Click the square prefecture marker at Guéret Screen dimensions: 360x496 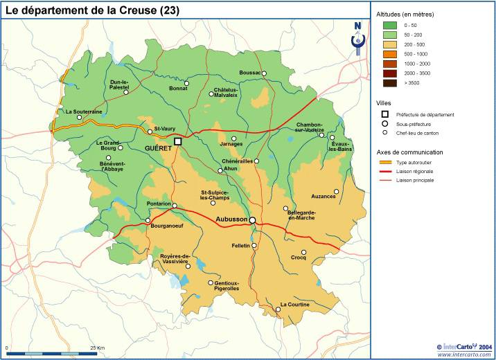pos(177,141)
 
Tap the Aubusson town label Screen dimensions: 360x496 pos(231,219)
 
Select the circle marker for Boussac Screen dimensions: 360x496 pos(264,73)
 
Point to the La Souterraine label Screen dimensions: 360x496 pos(84,111)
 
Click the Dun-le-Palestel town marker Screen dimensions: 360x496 pos(126,93)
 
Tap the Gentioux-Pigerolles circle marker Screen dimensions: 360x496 pos(211,282)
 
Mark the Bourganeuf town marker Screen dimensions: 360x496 pos(148,220)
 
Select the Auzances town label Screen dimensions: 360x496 pos(323,197)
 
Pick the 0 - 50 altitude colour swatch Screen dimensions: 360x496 pos(390,25)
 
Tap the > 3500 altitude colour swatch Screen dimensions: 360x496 pos(390,83)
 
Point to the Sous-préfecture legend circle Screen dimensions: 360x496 pos(385,124)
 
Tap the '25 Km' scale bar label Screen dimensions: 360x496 pos(97,347)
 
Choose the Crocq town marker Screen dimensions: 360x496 pos(303,253)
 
